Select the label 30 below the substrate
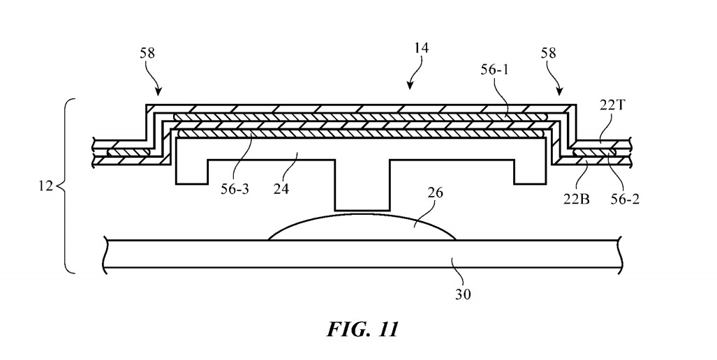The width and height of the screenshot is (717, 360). coord(464,294)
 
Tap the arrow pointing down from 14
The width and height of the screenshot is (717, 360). coord(412,84)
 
